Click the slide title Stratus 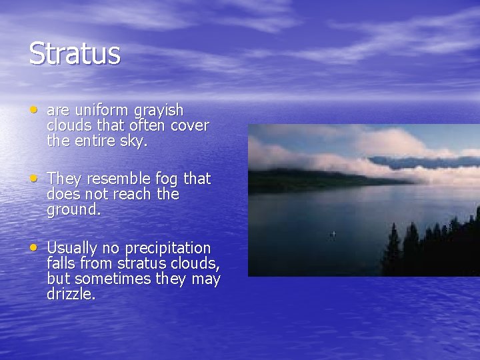[x=75, y=53]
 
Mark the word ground [x=73, y=210]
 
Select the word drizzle [x=71, y=294]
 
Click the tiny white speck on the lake [x=333, y=234]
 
